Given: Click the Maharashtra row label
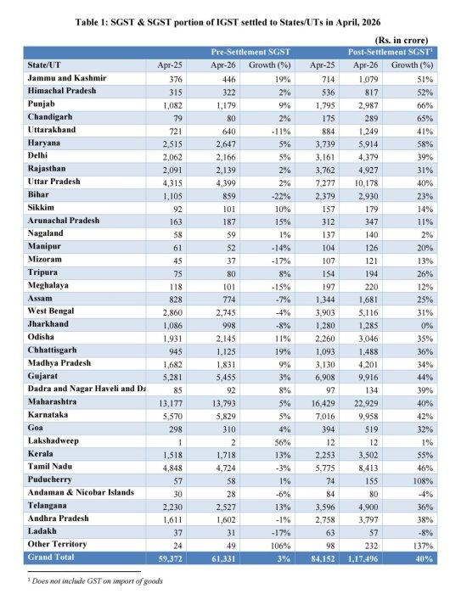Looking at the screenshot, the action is coord(52,401).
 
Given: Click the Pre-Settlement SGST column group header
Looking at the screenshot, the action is coord(250,53).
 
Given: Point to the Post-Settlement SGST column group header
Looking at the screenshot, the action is coord(391,53).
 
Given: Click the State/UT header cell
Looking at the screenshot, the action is coord(44,65).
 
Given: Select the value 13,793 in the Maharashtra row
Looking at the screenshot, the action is coord(224,403).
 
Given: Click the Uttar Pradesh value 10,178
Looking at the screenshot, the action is coord(366,183).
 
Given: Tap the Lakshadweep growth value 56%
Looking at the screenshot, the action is coord(282,442).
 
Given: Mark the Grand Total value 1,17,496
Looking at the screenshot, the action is coord(363,558).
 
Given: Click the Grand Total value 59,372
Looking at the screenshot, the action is coord(170,558).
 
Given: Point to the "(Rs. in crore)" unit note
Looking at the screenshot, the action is coord(402,40).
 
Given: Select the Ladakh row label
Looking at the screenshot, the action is coord(42,531).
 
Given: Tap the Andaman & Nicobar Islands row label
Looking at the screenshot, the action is coord(81,492).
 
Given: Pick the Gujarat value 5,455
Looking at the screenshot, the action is coord(226,378).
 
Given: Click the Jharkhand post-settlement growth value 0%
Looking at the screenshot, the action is coord(427,326).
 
